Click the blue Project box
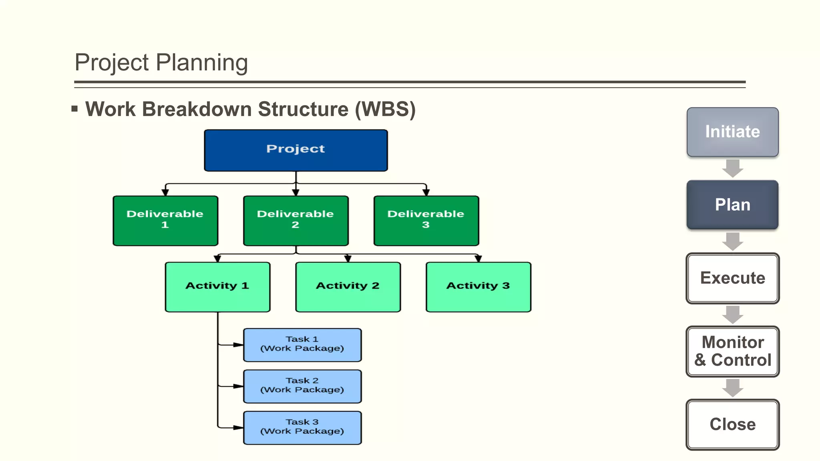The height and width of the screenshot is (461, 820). (295, 150)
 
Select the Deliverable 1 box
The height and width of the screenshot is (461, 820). (165, 220)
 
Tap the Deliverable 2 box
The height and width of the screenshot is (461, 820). (295, 220)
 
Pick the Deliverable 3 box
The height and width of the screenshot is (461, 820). (426, 220)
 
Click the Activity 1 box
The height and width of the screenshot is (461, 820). (217, 287)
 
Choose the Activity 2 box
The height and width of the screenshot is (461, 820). (348, 287)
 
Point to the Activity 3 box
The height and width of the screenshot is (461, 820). (478, 287)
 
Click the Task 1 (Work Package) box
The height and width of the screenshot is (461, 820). (302, 345)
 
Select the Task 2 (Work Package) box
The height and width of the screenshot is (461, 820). (302, 386)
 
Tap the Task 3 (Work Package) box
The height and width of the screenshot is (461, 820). (302, 427)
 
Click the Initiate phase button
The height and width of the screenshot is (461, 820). (732, 132)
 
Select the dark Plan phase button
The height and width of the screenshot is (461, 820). (732, 204)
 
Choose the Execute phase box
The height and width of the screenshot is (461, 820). (732, 278)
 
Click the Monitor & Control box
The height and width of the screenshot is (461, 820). (732, 351)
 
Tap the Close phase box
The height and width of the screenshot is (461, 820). (732, 424)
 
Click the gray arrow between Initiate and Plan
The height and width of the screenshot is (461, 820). (733, 168)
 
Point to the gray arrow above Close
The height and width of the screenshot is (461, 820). (733, 388)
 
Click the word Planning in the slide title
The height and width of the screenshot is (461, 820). (202, 63)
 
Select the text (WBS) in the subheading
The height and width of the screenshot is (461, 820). (385, 109)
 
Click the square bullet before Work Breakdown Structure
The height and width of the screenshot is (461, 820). (74, 108)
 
